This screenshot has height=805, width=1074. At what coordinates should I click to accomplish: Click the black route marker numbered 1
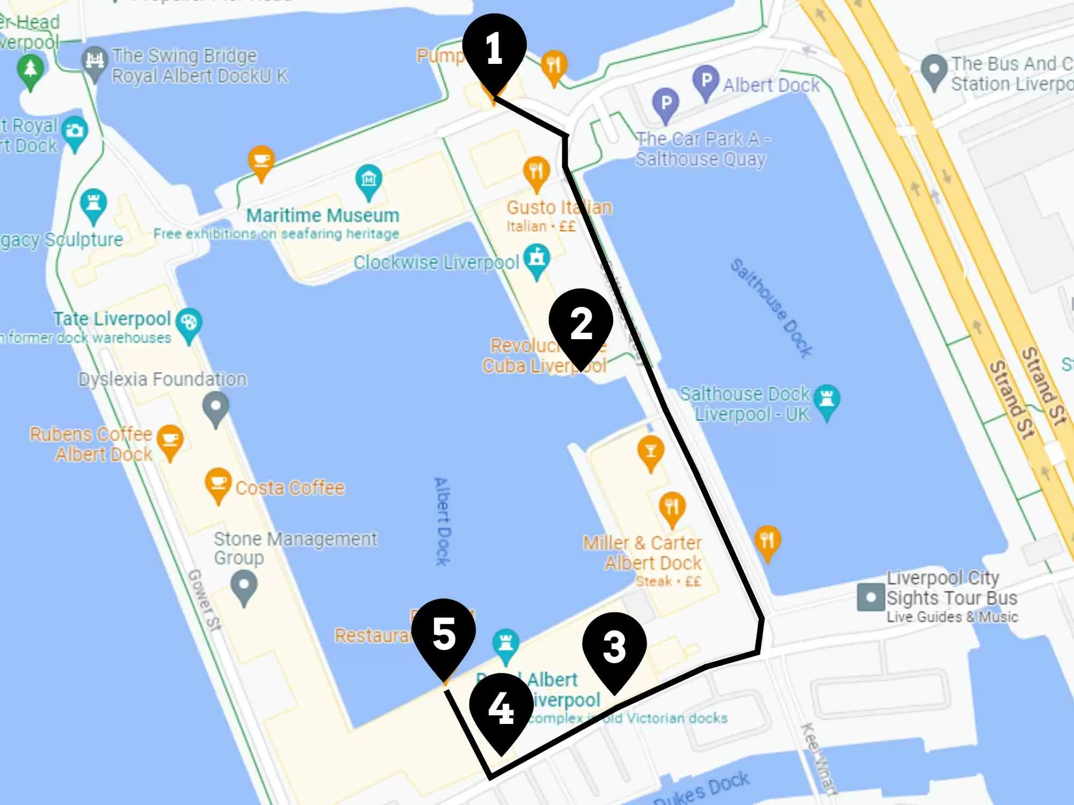point(494,48)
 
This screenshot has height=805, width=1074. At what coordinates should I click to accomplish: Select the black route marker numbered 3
point(614,646)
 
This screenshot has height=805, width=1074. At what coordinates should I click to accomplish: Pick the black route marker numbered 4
point(501,707)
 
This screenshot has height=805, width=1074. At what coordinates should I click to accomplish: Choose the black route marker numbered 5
point(444,633)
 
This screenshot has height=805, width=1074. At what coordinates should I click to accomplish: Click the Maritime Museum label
point(323,216)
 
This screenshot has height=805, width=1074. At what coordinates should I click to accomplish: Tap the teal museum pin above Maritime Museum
point(369,179)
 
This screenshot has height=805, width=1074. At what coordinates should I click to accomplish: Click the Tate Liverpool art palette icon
point(190,323)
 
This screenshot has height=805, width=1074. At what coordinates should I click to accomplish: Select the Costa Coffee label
point(290,488)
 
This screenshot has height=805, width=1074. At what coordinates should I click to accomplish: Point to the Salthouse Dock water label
point(771,308)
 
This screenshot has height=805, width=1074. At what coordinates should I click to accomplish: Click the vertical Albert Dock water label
point(442,521)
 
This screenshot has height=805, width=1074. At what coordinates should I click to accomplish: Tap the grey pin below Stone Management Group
point(244,585)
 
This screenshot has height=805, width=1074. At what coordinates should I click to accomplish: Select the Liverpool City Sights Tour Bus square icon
point(870,597)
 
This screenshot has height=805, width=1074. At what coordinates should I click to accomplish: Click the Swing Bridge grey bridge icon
point(95,60)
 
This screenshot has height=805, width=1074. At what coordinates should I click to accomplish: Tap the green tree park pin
point(31,70)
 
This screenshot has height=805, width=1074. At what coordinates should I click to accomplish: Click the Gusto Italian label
point(559,208)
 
